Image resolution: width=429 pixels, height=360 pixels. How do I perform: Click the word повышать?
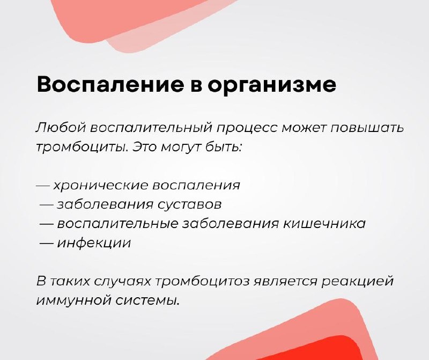[x=368, y=129]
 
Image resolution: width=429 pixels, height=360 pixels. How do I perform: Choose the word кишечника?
[x=328, y=223]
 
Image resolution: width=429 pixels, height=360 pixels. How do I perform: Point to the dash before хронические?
[x=43, y=186]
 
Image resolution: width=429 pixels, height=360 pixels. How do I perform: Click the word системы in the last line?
[x=148, y=299]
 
